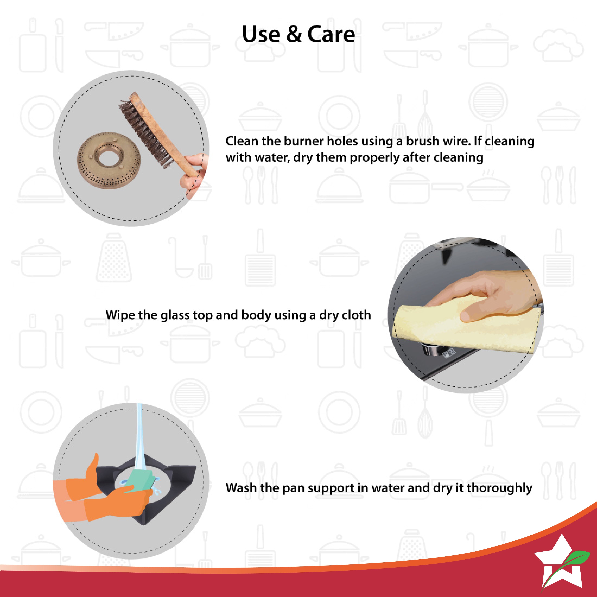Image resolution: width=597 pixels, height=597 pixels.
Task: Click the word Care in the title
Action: [331, 34]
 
